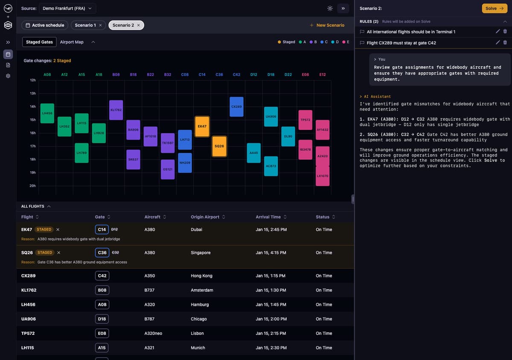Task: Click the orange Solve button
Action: [x=495, y=9]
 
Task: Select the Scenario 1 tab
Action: [x=85, y=25]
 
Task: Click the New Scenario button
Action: [x=327, y=25]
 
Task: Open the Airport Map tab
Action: [x=72, y=42]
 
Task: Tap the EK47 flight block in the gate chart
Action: [x=202, y=126]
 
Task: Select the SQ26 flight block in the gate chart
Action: [x=219, y=146]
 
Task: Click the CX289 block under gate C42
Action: [x=236, y=107]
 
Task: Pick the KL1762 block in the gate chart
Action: [x=116, y=110]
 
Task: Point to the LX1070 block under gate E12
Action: [x=323, y=176]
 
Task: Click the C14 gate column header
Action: [x=202, y=74]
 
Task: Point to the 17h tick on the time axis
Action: [x=32, y=146]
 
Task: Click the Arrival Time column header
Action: [x=268, y=217]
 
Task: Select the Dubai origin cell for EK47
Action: [x=197, y=229]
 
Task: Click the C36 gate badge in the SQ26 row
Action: [x=102, y=252]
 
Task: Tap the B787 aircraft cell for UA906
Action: [x=149, y=319]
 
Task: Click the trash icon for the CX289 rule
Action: [x=505, y=42]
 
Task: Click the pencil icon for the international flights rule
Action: [x=497, y=31]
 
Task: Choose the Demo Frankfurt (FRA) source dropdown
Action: [x=67, y=9]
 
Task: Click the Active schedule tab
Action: [x=45, y=25]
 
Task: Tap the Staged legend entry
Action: [x=286, y=42]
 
